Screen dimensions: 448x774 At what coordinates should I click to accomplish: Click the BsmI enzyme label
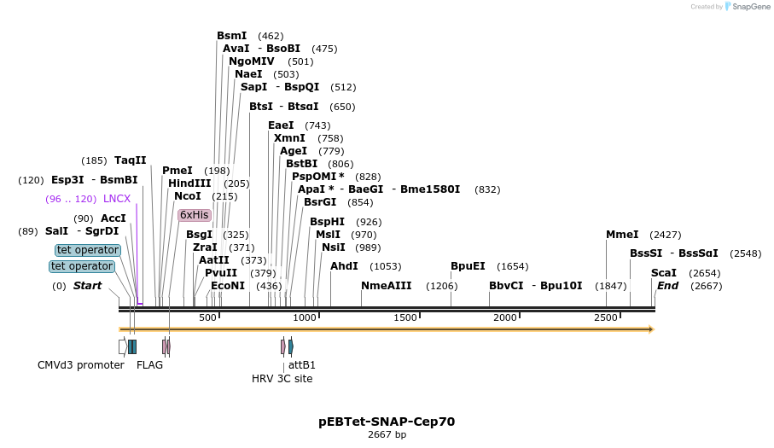tap(231, 36)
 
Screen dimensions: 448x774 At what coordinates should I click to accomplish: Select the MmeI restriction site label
tap(622, 235)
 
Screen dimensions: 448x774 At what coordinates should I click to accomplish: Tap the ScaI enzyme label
tap(663, 273)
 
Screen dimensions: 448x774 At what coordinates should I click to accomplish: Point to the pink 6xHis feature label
tap(194, 215)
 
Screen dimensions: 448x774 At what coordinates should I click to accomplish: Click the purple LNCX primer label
tap(117, 199)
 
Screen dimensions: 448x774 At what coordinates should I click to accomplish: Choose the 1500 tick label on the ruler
tap(405, 317)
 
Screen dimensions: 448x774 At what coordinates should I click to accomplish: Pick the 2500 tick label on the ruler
tap(606, 317)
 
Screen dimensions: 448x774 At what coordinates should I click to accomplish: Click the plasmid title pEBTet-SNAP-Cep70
tap(387, 422)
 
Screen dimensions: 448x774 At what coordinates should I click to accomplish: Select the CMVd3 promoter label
tap(80, 365)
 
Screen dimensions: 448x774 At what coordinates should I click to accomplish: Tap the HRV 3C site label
tap(282, 378)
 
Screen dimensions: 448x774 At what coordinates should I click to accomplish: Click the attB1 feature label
tap(302, 365)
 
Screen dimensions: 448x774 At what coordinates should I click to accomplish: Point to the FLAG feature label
tap(149, 365)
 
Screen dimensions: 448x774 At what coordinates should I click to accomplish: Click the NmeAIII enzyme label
tap(386, 286)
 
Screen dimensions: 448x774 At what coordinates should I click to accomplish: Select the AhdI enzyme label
tap(344, 266)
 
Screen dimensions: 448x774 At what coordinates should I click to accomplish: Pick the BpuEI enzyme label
tap(468, 266)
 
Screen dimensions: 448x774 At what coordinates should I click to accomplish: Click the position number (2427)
tap(666, 235)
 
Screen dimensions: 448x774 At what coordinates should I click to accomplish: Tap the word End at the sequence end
tap(667, 286)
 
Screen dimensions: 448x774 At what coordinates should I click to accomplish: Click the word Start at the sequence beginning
tap(87, 286)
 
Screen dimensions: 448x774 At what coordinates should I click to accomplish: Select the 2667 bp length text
tap(387, 435)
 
